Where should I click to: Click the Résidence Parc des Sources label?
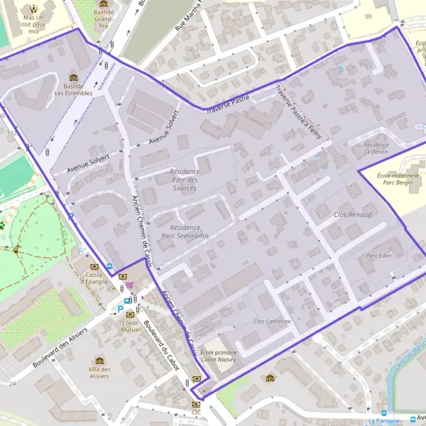[x=185, y=180]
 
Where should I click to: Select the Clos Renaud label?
[x=352, y=214]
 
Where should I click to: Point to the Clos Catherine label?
[x=273, y=322]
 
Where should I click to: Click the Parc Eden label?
[x=378, y=256]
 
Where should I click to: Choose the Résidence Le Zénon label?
[x=376, y=148]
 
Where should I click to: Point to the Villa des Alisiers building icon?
[x=99, y=361]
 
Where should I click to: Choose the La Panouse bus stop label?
[x=384, y=420]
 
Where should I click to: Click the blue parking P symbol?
[x=120, y=309]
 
